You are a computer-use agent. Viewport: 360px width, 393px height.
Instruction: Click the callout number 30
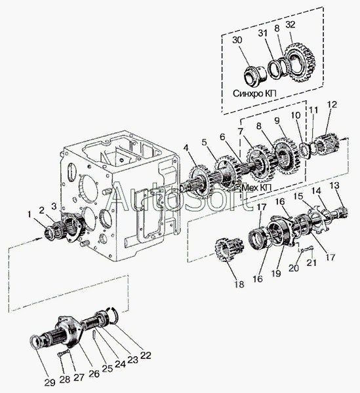click(x=237, y=40)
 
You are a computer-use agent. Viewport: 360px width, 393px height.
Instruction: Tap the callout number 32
click(x=290, y=25)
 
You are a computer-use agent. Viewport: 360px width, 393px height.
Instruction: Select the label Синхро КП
click(x=254, y=94)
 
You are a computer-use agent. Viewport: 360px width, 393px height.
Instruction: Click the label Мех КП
click(x=256, y=187)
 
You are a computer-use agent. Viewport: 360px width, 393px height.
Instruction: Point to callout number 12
click(x=332, y=105)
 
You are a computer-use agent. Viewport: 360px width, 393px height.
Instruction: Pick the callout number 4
click(x=186, y=147)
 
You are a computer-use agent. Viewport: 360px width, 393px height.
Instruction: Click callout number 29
click(x=50, y=383)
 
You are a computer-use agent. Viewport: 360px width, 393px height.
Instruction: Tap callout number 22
click(x=146, y=356)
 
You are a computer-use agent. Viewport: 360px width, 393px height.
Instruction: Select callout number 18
click(x=239, y=284)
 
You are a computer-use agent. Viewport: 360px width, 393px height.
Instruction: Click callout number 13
click(x=334, y=186)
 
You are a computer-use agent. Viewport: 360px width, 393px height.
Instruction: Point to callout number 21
click(x=311, y=263)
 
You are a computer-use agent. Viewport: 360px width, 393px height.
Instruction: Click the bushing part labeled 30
click(x=255, y=75)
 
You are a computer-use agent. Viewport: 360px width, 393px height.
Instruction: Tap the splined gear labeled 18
click(x=229, y=250)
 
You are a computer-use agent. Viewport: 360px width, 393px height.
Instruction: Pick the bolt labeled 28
click(x=64, y=354)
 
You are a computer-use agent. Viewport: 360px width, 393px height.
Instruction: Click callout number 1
click(x=30, y=215)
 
